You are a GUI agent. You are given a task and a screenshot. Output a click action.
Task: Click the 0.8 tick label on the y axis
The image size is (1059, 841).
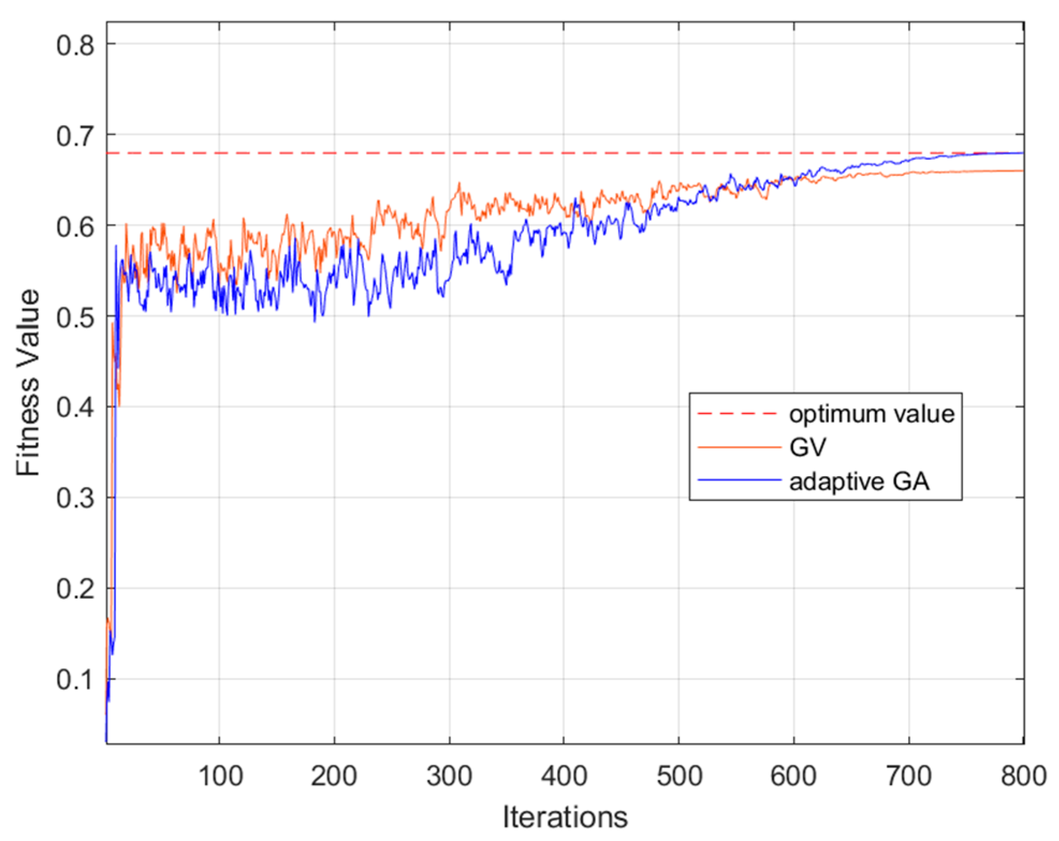[75, 46]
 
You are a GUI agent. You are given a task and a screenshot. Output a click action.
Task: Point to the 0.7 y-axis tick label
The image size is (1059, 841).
[75, 136]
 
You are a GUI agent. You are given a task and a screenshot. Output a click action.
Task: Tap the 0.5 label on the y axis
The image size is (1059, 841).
[75, 318]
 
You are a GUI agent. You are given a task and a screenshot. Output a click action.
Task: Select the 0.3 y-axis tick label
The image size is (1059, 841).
[75, 499]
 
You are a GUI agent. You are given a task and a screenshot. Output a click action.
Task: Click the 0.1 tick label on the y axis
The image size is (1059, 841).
[75, 681]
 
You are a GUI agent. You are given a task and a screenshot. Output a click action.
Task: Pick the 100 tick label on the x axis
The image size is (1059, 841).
[220, 776]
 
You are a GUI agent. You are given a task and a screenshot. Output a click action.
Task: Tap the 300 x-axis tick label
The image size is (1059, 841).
[449, 776]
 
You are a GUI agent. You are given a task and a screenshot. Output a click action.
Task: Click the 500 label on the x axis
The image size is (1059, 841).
[679, 776]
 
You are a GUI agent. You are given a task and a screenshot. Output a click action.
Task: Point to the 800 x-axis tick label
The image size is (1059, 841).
[1023, 776]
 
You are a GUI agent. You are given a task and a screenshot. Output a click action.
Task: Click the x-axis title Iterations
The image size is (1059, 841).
[564, 817]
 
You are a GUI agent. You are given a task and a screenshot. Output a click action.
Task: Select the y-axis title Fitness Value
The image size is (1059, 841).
[28, 382]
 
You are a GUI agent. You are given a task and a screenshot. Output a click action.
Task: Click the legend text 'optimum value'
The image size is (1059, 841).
[871, 414]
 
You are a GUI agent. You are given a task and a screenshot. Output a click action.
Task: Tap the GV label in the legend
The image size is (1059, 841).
[807, 447]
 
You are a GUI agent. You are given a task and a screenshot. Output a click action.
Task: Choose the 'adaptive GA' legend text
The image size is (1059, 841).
[859, 481]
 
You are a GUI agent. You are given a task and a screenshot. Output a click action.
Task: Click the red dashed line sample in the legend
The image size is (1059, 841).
[738, 414]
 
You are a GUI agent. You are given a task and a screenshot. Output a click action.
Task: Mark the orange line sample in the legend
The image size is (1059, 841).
[739, 447]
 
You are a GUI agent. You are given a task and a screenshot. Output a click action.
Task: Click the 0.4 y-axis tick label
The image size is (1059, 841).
[75, 409]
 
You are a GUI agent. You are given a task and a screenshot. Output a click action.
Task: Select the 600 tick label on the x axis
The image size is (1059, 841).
[793, 776]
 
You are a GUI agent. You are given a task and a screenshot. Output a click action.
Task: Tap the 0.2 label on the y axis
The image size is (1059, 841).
[75, 590]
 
